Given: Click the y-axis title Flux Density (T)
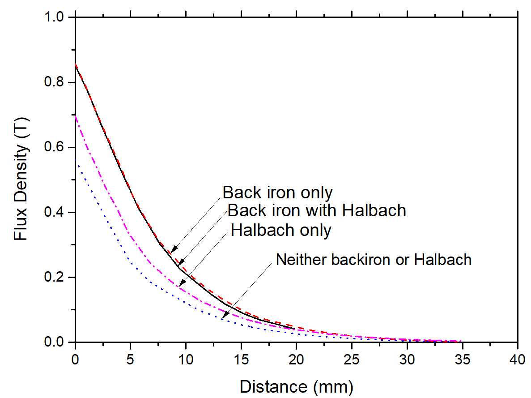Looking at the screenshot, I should pos(21,179).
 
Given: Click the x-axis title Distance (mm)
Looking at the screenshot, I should pos(296,386).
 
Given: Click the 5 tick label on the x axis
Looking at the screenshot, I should pos(131,359).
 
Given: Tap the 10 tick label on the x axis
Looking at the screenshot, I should pos(186,359).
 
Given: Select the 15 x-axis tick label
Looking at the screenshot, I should pos(241,359).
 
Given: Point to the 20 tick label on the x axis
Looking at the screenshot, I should pos(296,359).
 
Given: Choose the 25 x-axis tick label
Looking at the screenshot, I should pos(352,359).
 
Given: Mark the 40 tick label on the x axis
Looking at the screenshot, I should pos(517,359).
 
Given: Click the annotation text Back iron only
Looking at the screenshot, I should pos(277,193).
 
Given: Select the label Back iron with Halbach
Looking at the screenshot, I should pos(316,210).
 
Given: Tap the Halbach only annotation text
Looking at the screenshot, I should pos(281,230).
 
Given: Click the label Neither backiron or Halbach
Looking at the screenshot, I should pos(374,259).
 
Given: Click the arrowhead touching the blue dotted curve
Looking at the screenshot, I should pos(225,315).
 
